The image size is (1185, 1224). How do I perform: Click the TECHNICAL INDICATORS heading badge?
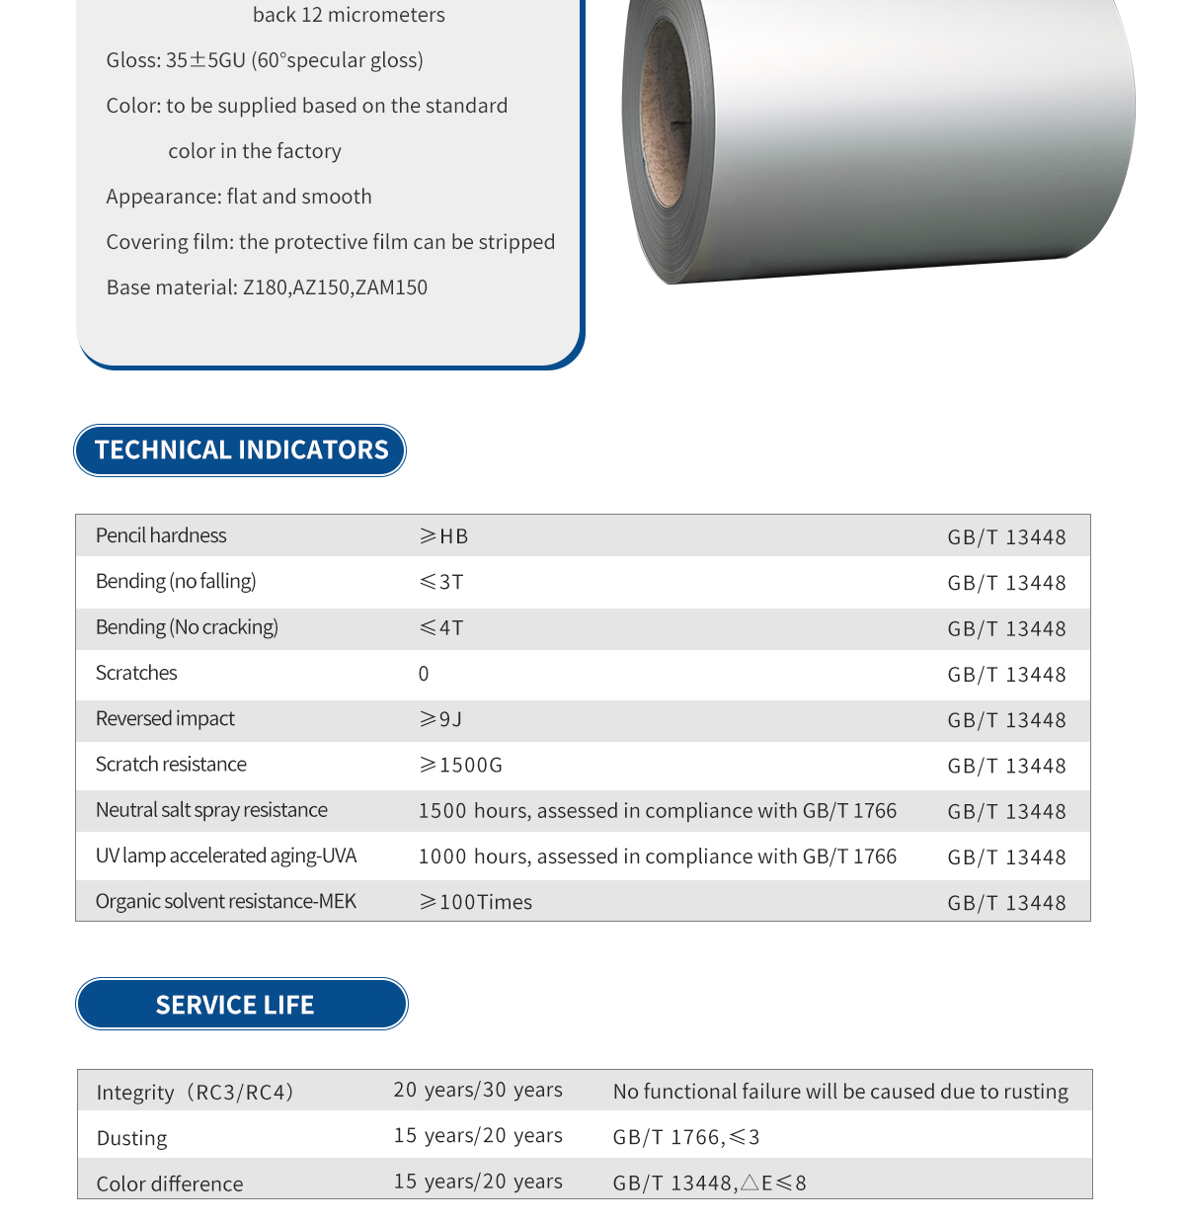coord(240,450)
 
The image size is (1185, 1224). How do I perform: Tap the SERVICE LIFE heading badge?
coord(241,1005)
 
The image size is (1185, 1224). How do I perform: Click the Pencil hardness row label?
coord(161,535)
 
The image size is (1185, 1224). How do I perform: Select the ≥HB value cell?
coord(443,536)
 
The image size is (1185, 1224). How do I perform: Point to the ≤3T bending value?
coord(441,582)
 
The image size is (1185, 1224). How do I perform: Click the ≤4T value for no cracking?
coord(441,628)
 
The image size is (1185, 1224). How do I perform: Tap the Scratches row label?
coord(136,673)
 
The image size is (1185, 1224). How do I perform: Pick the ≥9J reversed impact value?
coord(440,719)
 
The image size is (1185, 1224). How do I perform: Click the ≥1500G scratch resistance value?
coord(461,766)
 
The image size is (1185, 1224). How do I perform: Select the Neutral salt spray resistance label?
coord(211,810)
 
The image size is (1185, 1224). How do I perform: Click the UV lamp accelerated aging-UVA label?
coord(226,856)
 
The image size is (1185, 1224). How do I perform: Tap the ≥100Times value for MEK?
coord(476,902)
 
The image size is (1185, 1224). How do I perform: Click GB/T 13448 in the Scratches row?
coord(1006,675)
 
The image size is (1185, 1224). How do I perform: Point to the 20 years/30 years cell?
coord(478,1090)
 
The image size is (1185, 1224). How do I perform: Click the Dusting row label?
coord(132,1138)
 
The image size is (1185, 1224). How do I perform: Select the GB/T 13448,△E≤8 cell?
coord(710,1183)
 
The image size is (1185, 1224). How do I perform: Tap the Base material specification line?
coord(267,287)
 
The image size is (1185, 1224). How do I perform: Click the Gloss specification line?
coord(265,60)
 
